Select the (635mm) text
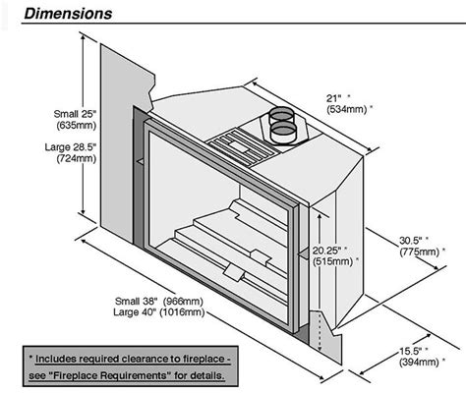tap(47, 127)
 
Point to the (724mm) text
tap(47, 158)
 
